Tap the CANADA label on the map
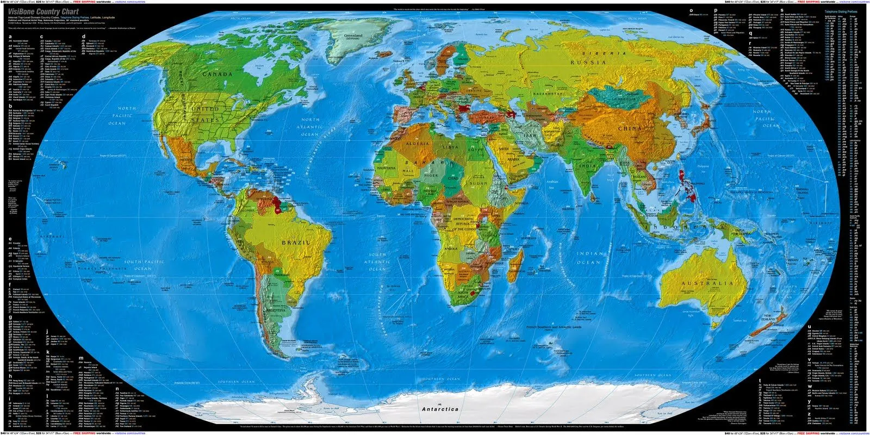click(x=217, y=74)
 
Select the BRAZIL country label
click(x=296, y=242)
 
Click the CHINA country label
click(x=630, y=129)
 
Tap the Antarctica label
click(x=440, y=409)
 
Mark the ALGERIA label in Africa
click(x=418, y=144)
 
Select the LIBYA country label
click(x=450, y=147)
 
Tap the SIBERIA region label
click(x=605, y=53)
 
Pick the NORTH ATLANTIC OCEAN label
click(x=310, y=127)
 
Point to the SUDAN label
click(x=478, y=183)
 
